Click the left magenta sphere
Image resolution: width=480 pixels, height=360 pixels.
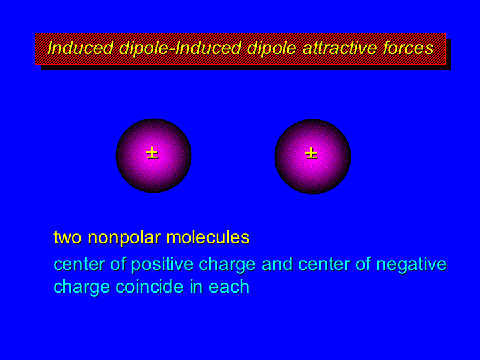[x=154, y=155]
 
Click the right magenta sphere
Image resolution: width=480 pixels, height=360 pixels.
[x=313, y=157]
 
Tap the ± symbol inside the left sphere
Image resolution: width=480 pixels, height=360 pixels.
[x=152, y=153]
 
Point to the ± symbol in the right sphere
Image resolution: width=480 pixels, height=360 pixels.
[x=311, y=153]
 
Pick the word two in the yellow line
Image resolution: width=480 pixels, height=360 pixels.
[x=67, y=237]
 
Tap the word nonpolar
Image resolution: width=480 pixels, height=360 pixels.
[x=125, y=238]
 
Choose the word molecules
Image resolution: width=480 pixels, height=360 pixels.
[x=208, y=237]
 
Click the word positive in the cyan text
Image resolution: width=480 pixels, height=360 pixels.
[x=162, y=265]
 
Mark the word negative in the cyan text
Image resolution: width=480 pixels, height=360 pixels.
[x=411, y=265]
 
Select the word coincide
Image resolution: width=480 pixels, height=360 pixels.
[x=149, y=287]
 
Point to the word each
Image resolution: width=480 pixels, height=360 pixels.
[x=229, y=287]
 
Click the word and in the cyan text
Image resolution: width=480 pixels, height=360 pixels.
[x=277, y=264]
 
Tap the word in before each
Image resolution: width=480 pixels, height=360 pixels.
[x=196, y=287]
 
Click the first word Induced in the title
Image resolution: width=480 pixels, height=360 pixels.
[x=81, y=48]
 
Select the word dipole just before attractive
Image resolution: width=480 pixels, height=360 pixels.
[x=272, y=49]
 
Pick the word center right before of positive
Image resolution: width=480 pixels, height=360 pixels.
[x=79, y=265]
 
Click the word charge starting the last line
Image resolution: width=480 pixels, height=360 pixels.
[x=82, y=288]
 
